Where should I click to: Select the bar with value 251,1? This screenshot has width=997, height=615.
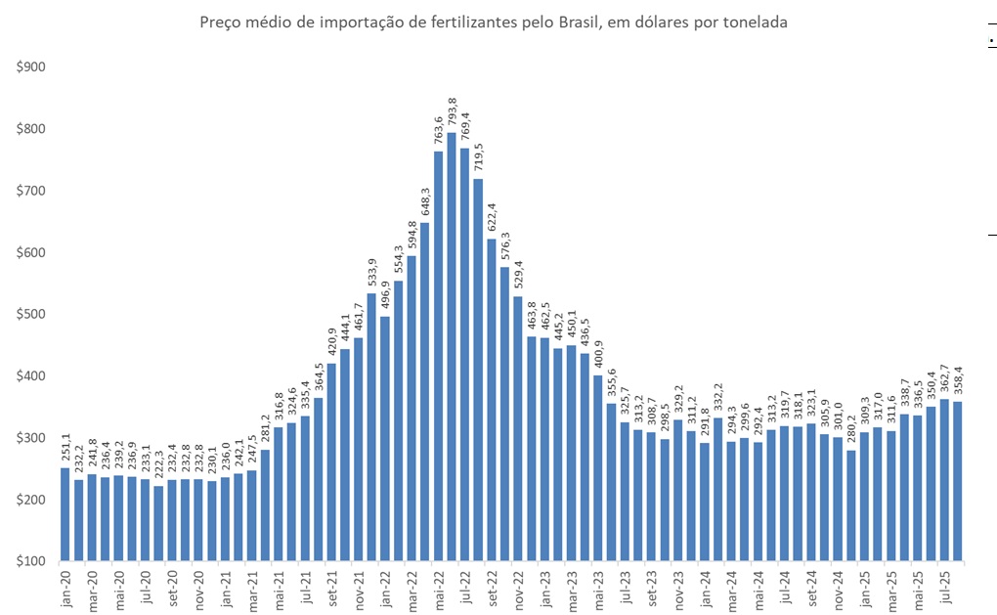tap(65, 514)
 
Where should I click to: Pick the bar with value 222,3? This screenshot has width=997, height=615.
tap(158, 523)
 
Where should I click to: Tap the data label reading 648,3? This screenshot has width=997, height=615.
tap(425, 201)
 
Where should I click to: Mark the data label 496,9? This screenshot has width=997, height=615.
tap(385, 295)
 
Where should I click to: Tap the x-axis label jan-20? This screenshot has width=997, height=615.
tap(65, 591)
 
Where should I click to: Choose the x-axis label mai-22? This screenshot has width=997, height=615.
tap(439, 591)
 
